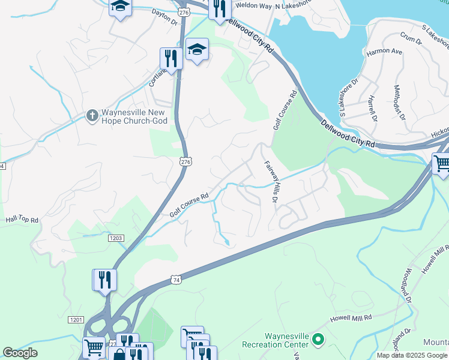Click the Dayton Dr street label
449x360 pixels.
pyautogui.click(x=165, y=16)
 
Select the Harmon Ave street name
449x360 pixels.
pyautogui.click(x=384, y=52)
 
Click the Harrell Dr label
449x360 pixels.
pyautogui.click(x=372, y=108)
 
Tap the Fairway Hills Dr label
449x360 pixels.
pyautogui.click(x=270, y=181)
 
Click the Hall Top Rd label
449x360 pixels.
pyautogui.click(x=22, y=221)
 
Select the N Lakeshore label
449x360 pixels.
pyautogui.click(x=295, y=5)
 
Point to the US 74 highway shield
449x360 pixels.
pyautogui.click(x=176, y=280)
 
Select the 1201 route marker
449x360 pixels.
pyautogui.click(x=76, y=320)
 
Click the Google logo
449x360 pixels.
pyautogui.click(x=20, y=353)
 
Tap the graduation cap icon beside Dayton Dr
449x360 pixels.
pyautogui.click(x=120, y=7)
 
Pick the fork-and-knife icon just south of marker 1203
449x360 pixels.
pyautogui.click(x=104, y=279)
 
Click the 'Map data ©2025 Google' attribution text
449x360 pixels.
pyautogui.click(x=412, y=355)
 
